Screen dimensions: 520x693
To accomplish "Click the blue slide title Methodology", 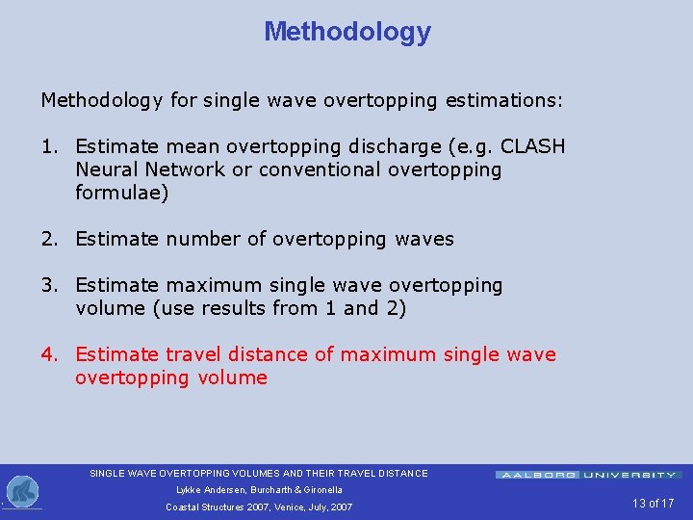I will (x=347, y=32).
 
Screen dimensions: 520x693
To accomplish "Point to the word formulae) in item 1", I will (x=121, y=193).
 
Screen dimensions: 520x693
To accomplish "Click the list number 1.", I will (x=48, y=146).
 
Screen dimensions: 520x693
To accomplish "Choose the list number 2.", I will (x=48, y=239).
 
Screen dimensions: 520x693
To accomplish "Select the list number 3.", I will (x=48, y=285).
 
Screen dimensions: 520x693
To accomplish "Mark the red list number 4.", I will (x=48, y=354).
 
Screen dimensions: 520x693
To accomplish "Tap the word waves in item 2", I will (x=424, y=239).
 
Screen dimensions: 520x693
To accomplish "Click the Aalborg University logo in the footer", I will (x=588, y=475).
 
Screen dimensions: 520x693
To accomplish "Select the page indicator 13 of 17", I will (x=654, y=504).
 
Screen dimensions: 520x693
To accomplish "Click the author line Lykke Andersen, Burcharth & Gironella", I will (x=259, y=490).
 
